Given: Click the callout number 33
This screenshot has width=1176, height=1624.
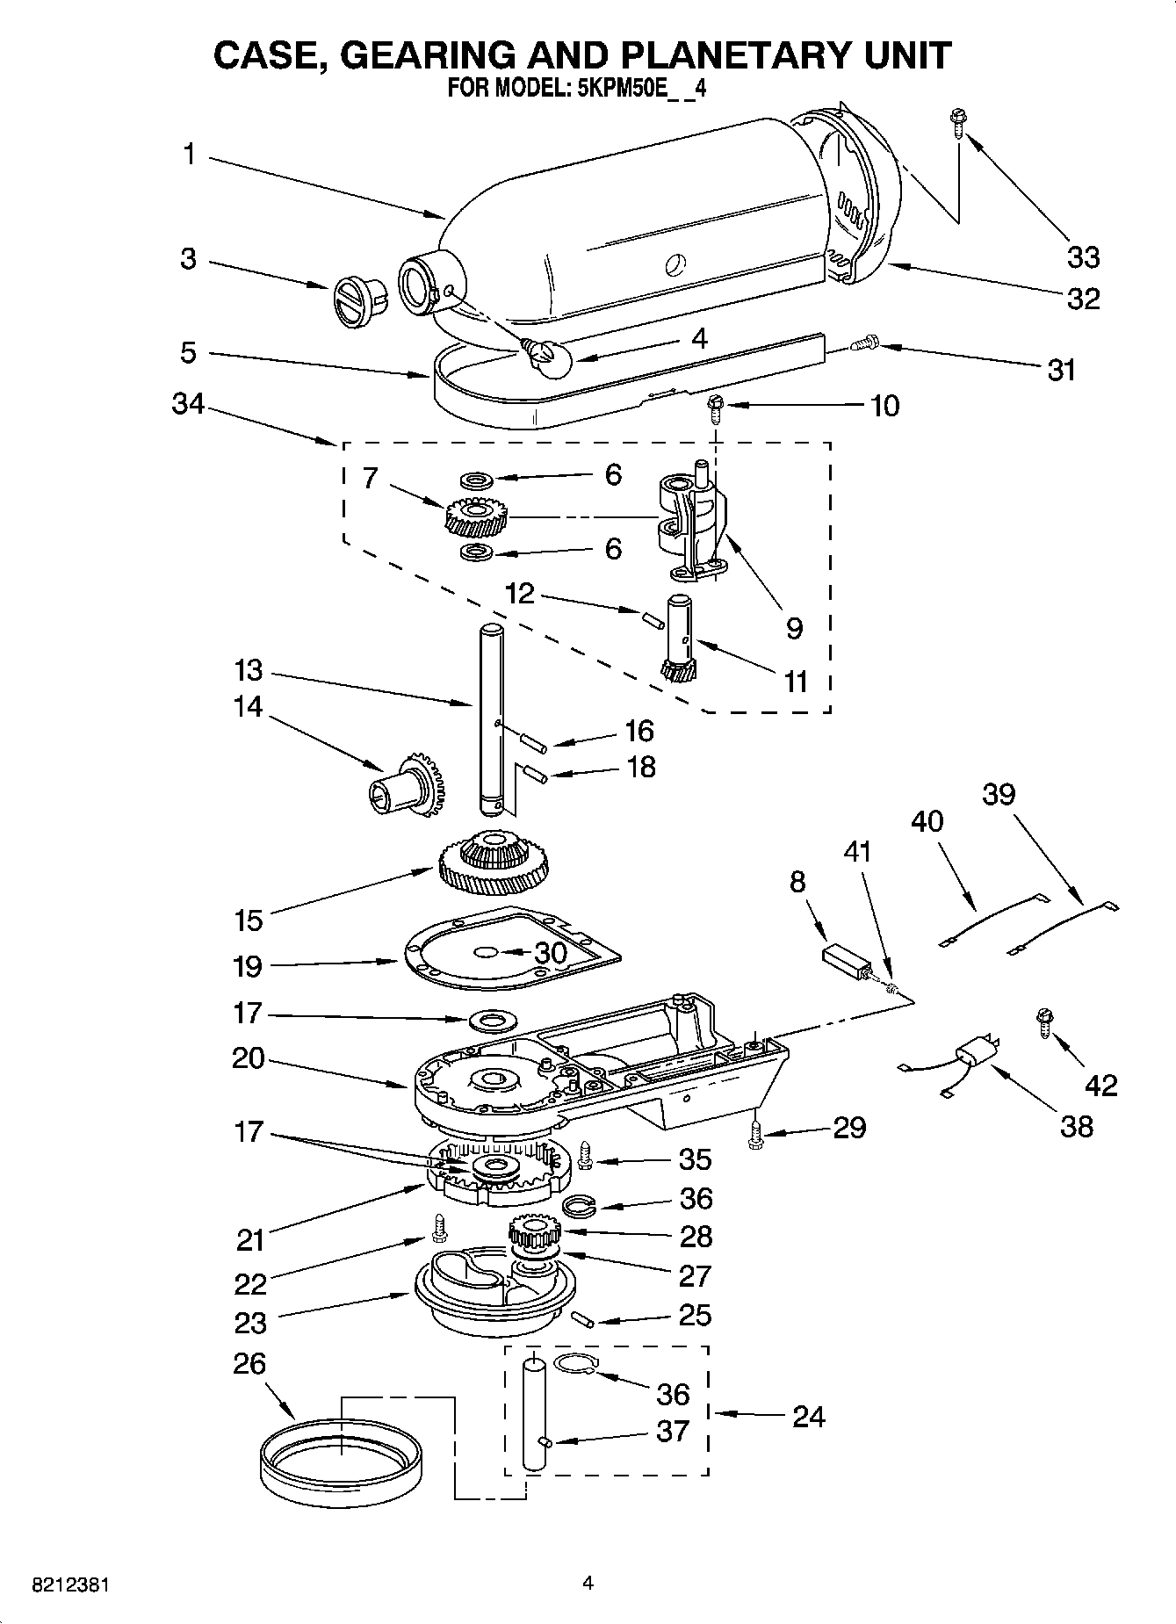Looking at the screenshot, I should coord(1083,257).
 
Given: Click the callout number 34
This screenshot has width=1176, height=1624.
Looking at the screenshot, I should coord(188,404).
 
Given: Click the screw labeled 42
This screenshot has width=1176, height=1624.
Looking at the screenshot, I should coord(1045,1021).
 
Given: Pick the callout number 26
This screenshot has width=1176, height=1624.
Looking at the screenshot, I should coord(249,1364).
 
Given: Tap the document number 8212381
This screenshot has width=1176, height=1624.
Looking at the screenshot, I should coord(70,1585).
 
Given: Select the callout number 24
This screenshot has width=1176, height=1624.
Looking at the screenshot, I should coord(808,1417).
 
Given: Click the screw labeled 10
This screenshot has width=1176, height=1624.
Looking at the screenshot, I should coord(716,408).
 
